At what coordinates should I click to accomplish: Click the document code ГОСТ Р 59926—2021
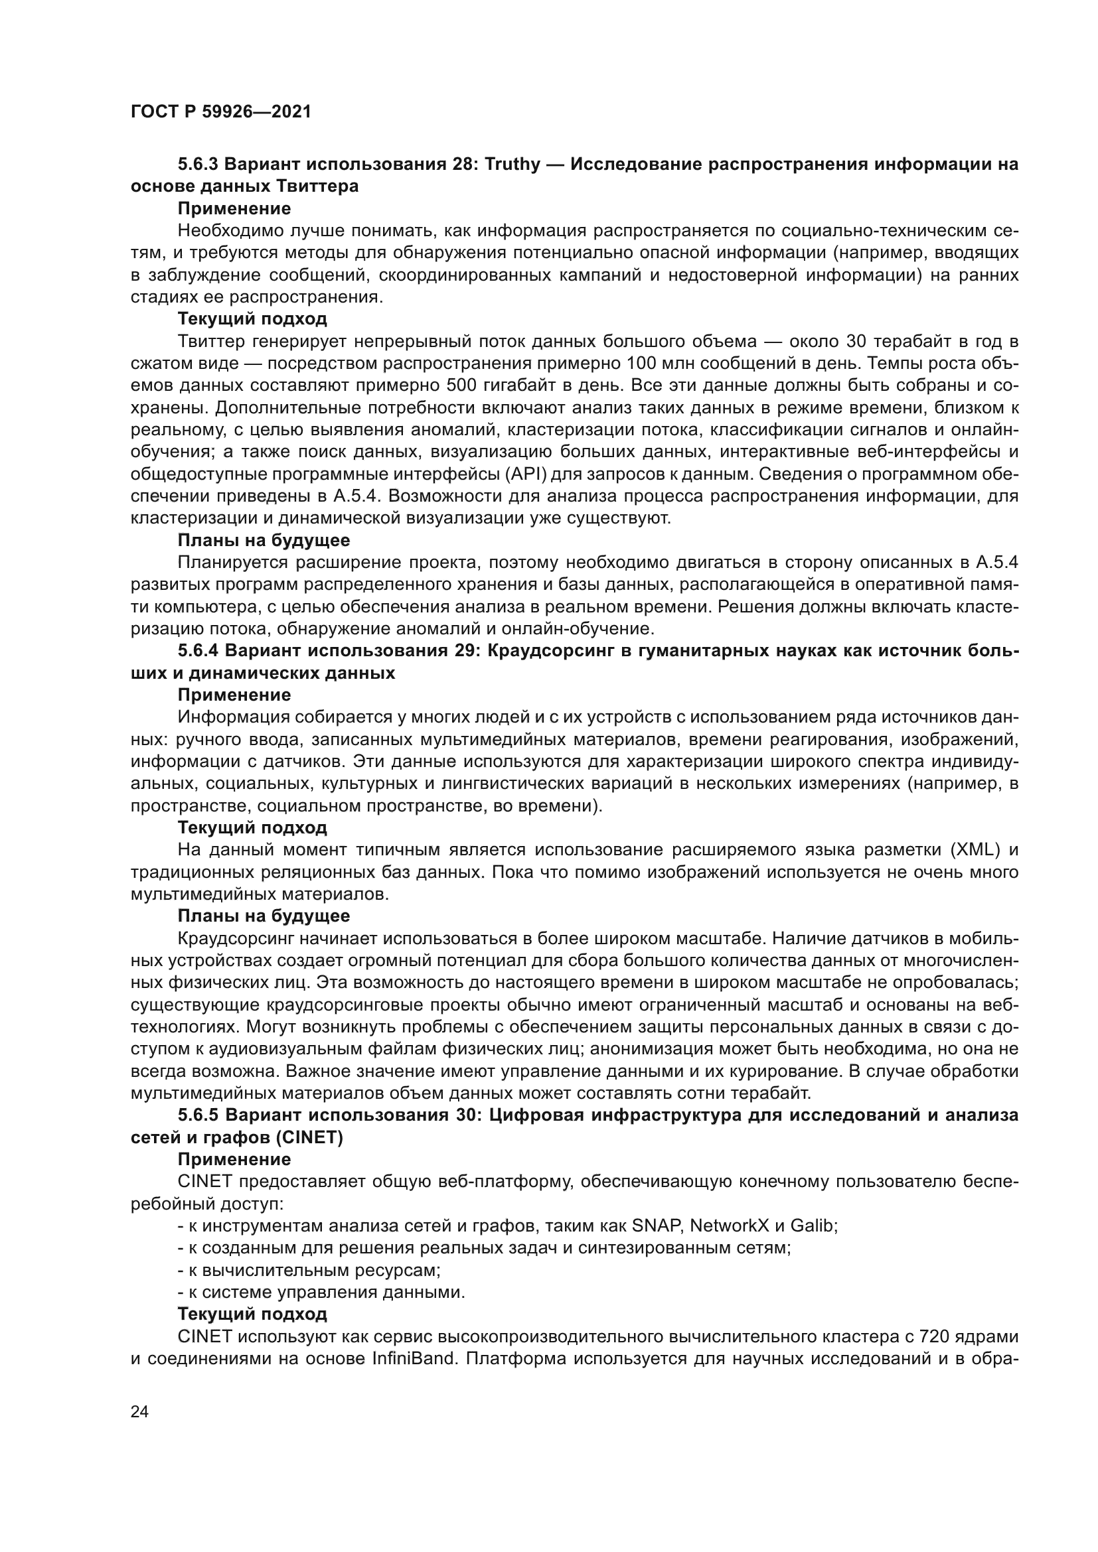220,112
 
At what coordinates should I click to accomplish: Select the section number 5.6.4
198,651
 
